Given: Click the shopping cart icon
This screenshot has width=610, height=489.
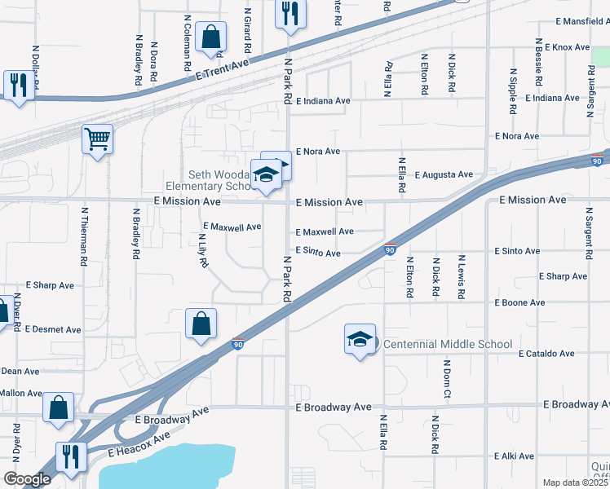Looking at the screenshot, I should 97,139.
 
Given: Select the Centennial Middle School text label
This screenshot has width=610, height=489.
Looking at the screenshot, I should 448,345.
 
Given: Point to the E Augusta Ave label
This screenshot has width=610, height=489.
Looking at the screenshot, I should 444,174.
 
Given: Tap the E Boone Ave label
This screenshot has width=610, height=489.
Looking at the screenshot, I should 519,302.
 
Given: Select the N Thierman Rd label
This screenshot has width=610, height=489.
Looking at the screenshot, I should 84,236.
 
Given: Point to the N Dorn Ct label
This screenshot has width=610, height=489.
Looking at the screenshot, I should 448,379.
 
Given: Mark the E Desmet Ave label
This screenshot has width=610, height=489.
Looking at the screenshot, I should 53,329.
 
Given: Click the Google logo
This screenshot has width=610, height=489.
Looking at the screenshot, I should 27,479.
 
